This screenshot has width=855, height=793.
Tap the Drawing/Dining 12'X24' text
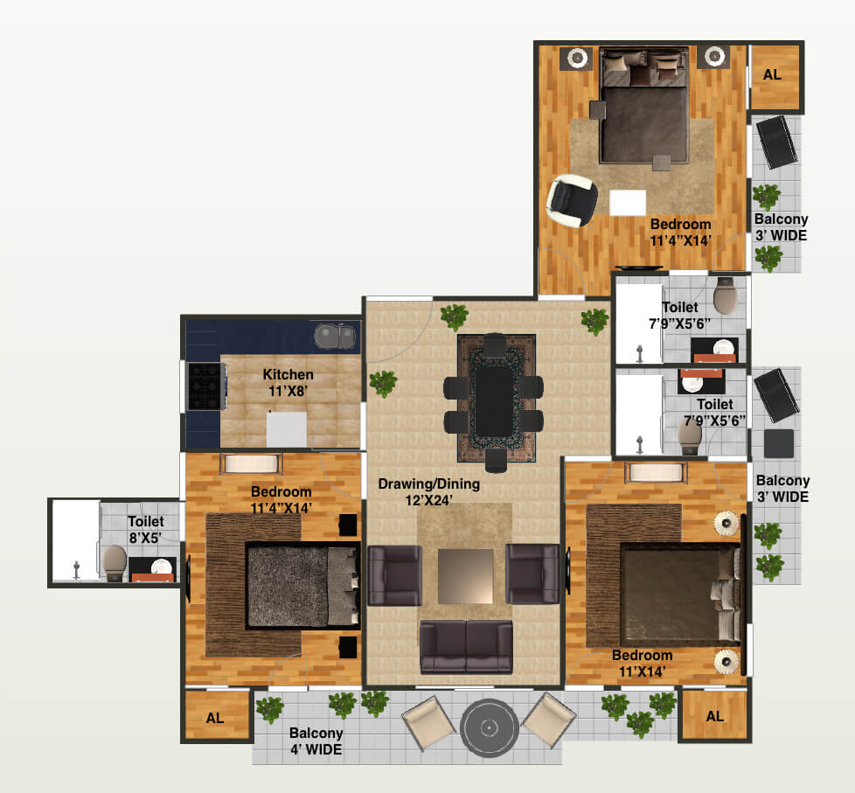[x=428, y=491]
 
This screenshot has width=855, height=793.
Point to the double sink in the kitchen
[x=334, y=335]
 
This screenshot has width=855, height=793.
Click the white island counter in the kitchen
[x=287, y=429]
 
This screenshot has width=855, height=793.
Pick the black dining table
[x=494, y=399]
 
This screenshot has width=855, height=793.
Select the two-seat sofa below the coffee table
[x=466, y=646]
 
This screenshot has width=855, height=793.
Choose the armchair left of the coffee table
[x=394, y=574]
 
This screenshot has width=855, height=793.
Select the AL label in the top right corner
[x=772, y=75]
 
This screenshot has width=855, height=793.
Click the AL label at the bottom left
[x=215, y=718]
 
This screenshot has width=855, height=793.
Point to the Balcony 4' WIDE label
[x=316, y=741]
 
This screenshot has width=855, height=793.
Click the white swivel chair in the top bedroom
[x=571, y=200]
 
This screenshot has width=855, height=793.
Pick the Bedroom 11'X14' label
[x=642, y=664]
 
